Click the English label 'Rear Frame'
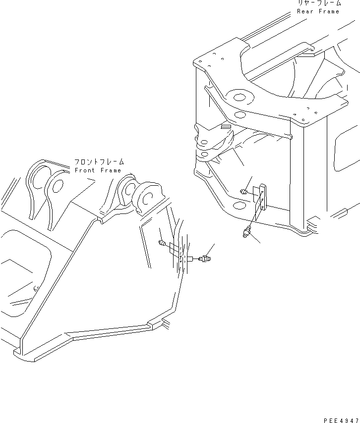[x=318, y=11]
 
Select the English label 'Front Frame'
[x=98, y=170]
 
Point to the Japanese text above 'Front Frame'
[x=99, y=162]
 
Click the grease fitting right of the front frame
[x=205, y=258]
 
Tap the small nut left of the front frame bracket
[x=161, y=243]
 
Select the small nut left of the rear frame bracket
[x=244, y=192]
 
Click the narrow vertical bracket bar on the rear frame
[x=262, y=197]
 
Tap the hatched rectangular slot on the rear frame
[x=226, y=127]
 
